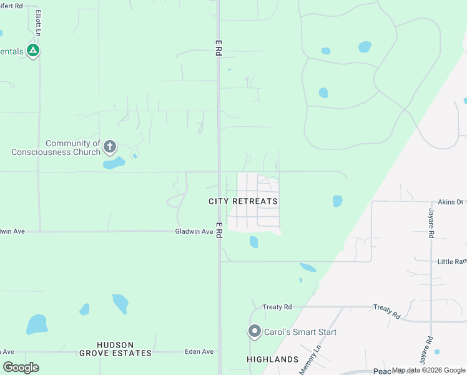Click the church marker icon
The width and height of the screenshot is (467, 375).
tap(110, 147)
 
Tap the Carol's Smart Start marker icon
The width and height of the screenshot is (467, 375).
tap(254, 331)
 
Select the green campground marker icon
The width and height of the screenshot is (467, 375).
tap(33, 51)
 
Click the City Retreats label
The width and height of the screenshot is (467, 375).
tap(243, 201)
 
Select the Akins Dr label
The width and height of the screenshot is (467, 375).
tap(451, 202)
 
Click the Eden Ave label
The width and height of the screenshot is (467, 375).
tap(199, 352)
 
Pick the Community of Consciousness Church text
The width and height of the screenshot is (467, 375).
tap(56, 148)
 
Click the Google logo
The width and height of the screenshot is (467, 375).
tap(21, 367)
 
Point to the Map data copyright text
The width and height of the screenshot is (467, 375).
tap(428, 371)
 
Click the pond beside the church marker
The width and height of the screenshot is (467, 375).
tap(114, 164)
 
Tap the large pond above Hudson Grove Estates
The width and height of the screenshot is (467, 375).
tap(37, 324)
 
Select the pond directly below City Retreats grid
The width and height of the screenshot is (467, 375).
tap(253, 242)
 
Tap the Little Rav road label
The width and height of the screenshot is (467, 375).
tap(452, 261)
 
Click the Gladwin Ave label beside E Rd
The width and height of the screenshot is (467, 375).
tap(194, 232)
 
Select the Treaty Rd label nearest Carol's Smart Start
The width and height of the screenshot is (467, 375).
tap(277, 307)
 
